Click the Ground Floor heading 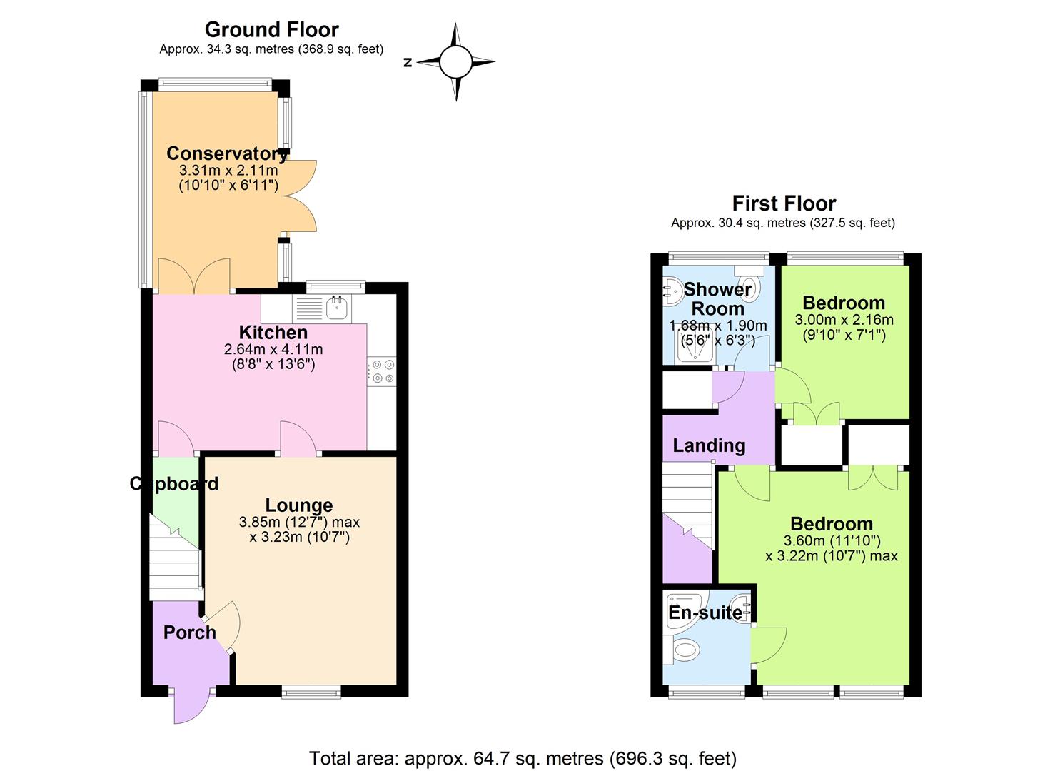[x=271, y=29]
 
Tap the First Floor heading [x=783, y=203]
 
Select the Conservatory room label [x=227, y=153]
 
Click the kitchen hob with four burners [x=382, y=372]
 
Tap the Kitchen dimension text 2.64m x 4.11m [x=273, y=349]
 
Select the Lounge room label [x=299, y=505]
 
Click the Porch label [x=189, y=633]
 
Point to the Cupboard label [x=173, y=484]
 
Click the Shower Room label [x=717, y=299]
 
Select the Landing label [x=709, y=446]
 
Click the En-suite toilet [x=686, y=649]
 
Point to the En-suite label [x=705, y=613]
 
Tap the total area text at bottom [x=523, y=757]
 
